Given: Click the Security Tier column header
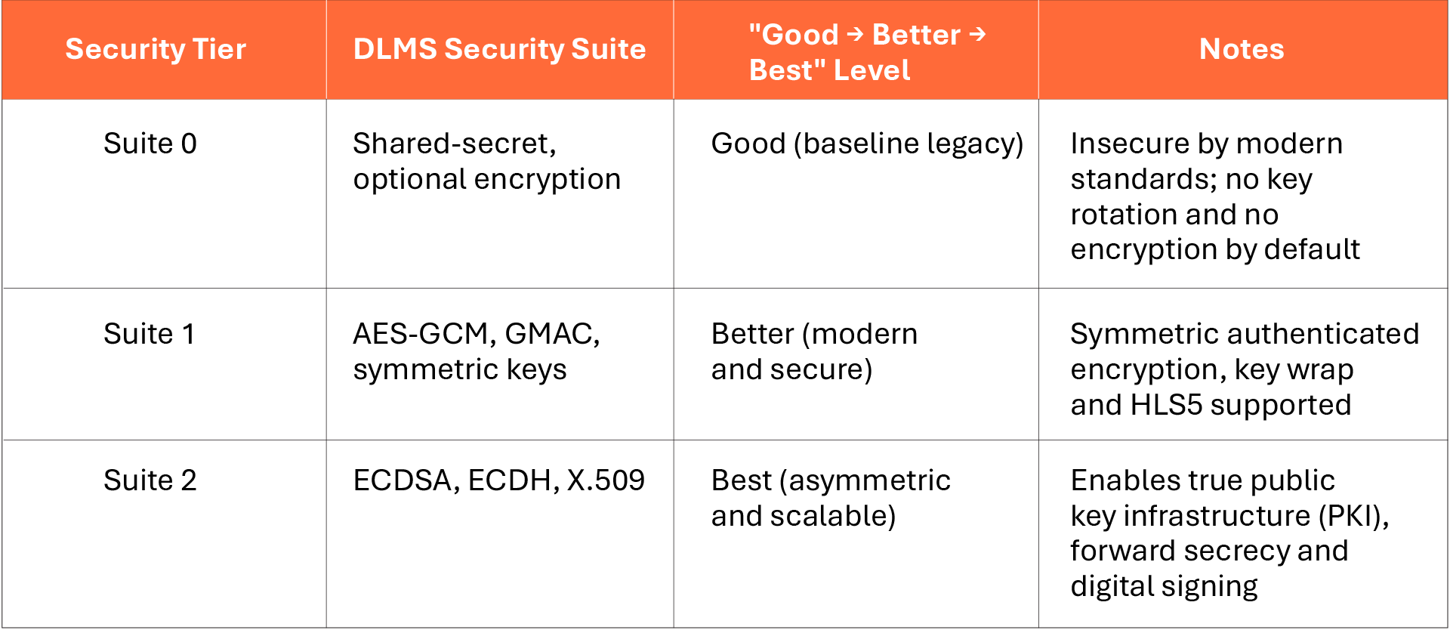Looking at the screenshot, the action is (x=156, y=49).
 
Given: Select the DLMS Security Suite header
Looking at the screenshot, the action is (x=499, y=49).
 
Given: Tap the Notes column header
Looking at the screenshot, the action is (x=1242, y=49).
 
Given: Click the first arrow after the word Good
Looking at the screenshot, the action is (x=855, y=34).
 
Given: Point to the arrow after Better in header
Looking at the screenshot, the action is (x=977, y=34).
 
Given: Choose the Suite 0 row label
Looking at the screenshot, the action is (x=150, y=144).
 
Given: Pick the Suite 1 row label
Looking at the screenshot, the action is (x=150, y=334).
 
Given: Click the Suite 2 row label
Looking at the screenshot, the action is (x=150, y=480).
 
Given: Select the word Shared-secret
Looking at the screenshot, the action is (x=455, y=144).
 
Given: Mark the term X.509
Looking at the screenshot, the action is (x=606, y=480).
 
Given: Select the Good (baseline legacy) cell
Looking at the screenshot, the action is (x=867, y=144).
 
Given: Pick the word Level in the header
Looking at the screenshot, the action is (x=872, y=70).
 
